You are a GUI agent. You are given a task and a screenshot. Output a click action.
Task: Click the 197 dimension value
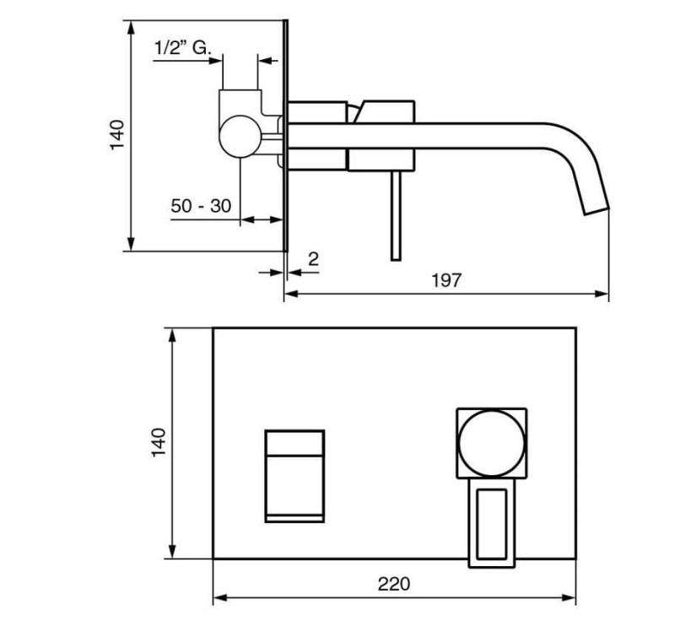(x=446, y=280)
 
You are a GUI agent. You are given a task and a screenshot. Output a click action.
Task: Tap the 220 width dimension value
(x=394, y=584)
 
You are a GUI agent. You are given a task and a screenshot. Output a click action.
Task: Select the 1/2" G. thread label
(x=183, y=48)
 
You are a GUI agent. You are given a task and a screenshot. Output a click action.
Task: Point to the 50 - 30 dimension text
(x=201, y=206)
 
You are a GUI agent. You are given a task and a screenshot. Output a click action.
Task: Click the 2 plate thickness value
(x=313, y=259)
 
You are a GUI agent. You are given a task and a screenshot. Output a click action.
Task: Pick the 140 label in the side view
(x=117, y=135)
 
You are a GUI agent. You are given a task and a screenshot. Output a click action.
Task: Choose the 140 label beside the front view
(x=159, y=443)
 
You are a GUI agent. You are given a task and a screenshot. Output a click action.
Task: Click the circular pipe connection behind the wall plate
(x=240, y=136)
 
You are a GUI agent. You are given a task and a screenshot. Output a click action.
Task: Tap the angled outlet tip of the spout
(x=597, y=210)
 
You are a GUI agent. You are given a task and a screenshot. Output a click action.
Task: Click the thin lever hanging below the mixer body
(x=396, y=216)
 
